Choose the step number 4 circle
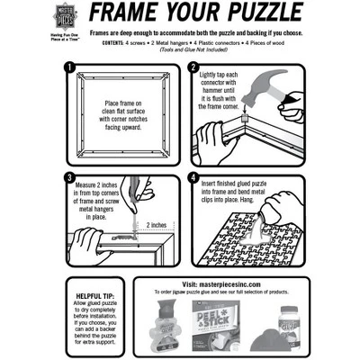[193, 176]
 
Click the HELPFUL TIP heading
[93, 295]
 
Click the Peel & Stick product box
[215, 321]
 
